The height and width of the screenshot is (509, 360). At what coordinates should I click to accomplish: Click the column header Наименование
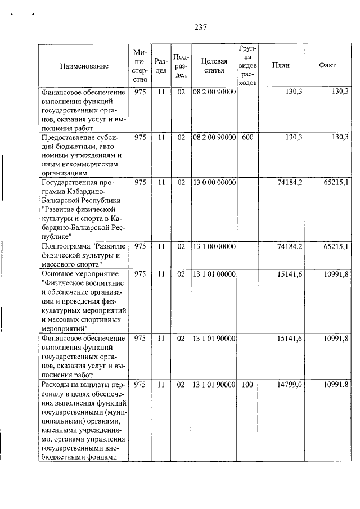(x=84, y=66)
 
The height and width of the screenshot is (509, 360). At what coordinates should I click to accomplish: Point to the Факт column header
(x=327, y=65)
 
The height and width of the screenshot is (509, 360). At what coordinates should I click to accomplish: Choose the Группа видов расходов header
(x=247, y=65)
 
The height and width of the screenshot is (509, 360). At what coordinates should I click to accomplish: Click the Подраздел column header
(x=181, y=66)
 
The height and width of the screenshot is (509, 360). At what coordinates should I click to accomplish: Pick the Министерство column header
(x=141, y=66)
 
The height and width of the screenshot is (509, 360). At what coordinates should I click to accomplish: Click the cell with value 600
(x=247, y=137)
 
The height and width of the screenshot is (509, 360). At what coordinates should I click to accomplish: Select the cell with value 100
(x=247, y=384)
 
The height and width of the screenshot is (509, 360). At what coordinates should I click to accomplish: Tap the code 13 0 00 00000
(x=214, y=182)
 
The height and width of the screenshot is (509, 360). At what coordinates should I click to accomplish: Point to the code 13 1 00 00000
(x=214, y=246)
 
